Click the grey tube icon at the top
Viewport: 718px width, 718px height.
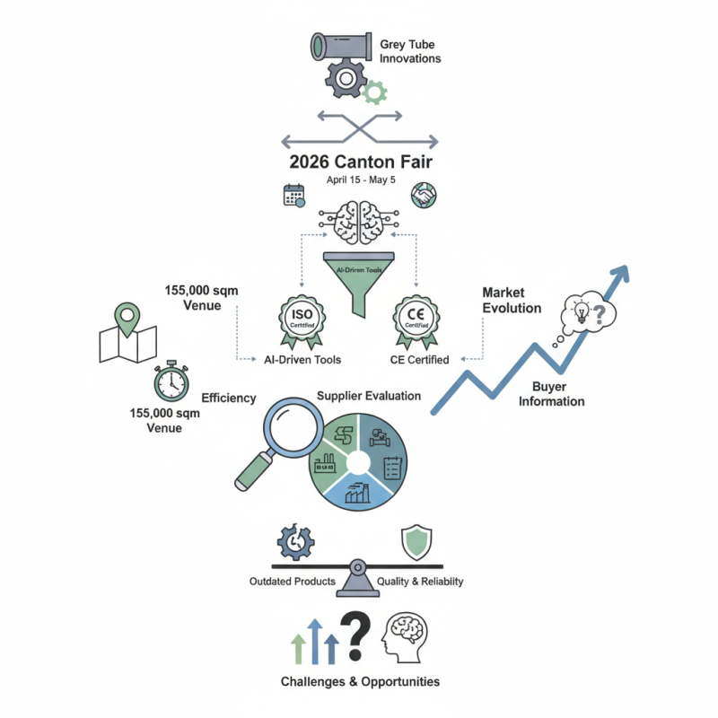coord(340,48)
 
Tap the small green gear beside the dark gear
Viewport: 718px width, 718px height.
coord(374,90)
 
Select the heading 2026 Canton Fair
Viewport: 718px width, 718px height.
coord(359,162)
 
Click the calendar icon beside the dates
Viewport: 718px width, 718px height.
coord(294,196)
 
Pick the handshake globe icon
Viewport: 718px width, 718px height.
coord(423,195)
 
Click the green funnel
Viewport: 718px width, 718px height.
coord(359,277)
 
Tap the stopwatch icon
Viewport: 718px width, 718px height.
coord(170,382)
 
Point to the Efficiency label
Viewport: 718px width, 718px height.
coord(229,398)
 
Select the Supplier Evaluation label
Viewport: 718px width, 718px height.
coord(369,396)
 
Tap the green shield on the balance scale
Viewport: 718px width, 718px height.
coord(416,541)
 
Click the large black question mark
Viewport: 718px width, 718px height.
coord(356,635)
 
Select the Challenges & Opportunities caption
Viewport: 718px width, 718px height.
coord(360,681)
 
